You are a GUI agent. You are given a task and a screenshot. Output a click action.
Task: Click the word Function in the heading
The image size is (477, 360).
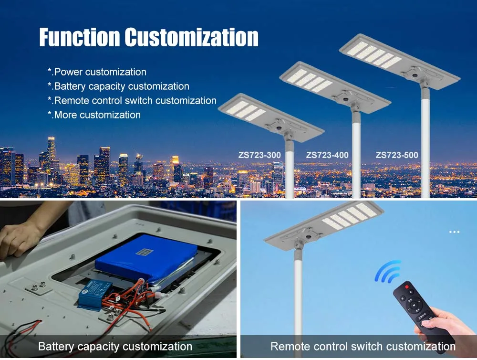coord(79,37)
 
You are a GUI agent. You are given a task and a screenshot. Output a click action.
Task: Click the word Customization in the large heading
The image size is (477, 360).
coord(191,37)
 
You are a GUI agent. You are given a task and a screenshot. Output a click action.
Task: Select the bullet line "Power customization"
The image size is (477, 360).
coord(97,72)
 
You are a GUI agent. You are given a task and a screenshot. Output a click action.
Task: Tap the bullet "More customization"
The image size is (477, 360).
coord(94,115)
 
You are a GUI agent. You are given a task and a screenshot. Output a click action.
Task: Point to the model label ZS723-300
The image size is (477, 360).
coord(259,155)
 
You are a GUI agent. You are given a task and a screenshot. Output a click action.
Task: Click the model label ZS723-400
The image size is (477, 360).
coord(327,155)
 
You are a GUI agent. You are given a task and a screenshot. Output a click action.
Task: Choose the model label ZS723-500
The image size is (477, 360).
coord(397,155)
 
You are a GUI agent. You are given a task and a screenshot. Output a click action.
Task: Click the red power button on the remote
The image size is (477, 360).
coord(407,286)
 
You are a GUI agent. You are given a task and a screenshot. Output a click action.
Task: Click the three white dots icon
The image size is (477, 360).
coord(454,232)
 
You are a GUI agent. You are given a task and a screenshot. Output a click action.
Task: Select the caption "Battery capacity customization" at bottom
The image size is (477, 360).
coord(115,347)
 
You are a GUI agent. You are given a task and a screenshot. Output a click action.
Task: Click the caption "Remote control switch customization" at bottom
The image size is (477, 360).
coord(363,347)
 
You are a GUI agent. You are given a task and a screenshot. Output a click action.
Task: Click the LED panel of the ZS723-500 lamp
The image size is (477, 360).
coord(374,54)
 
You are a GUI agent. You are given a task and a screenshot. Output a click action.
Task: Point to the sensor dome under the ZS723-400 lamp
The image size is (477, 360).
coord(345,99)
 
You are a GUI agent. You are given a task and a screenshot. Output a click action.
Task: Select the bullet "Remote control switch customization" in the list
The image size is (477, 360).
coord(132,101)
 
